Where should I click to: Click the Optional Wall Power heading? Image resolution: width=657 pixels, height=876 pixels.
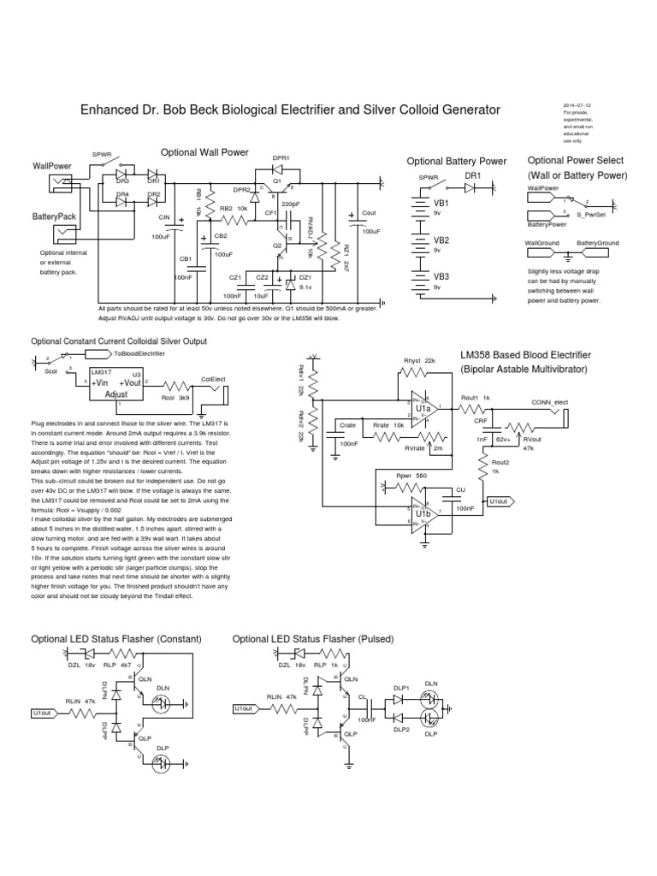tap(204, 152)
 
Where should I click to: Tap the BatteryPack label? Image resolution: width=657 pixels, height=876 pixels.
tap(55, 217)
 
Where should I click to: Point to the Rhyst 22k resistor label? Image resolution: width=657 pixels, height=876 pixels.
tap(419, 361)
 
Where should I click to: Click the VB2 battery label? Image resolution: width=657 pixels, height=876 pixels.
tap(441, 240)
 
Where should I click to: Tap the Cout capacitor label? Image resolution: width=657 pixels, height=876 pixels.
tap(370, 212)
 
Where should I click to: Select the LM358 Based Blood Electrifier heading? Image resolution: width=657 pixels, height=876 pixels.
tap(536, 354)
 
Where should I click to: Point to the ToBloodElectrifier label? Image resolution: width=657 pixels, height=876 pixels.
tap(137, 352)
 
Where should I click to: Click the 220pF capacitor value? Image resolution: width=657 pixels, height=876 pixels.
tap(289, 204)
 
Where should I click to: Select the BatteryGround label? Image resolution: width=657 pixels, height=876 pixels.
tap(600, 243)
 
